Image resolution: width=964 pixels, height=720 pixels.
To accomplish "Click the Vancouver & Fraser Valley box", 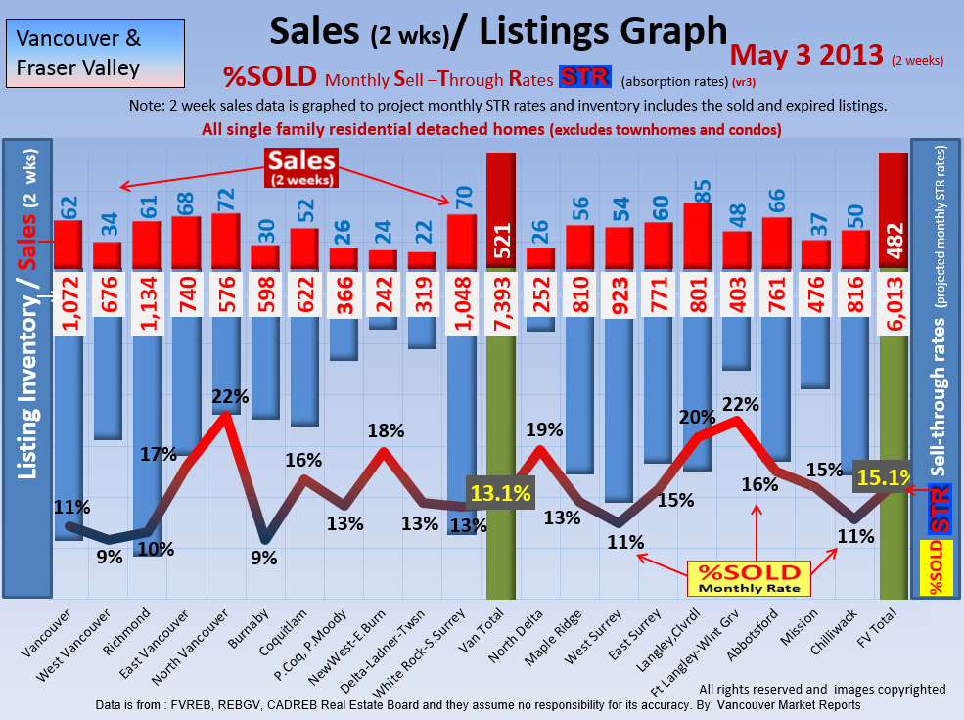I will point(79,54).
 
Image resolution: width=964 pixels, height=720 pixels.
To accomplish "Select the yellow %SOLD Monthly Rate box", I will point(748,578).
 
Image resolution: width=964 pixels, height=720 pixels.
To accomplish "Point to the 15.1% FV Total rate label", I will point(883,477).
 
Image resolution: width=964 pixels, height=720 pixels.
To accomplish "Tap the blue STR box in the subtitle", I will point(584,77).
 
